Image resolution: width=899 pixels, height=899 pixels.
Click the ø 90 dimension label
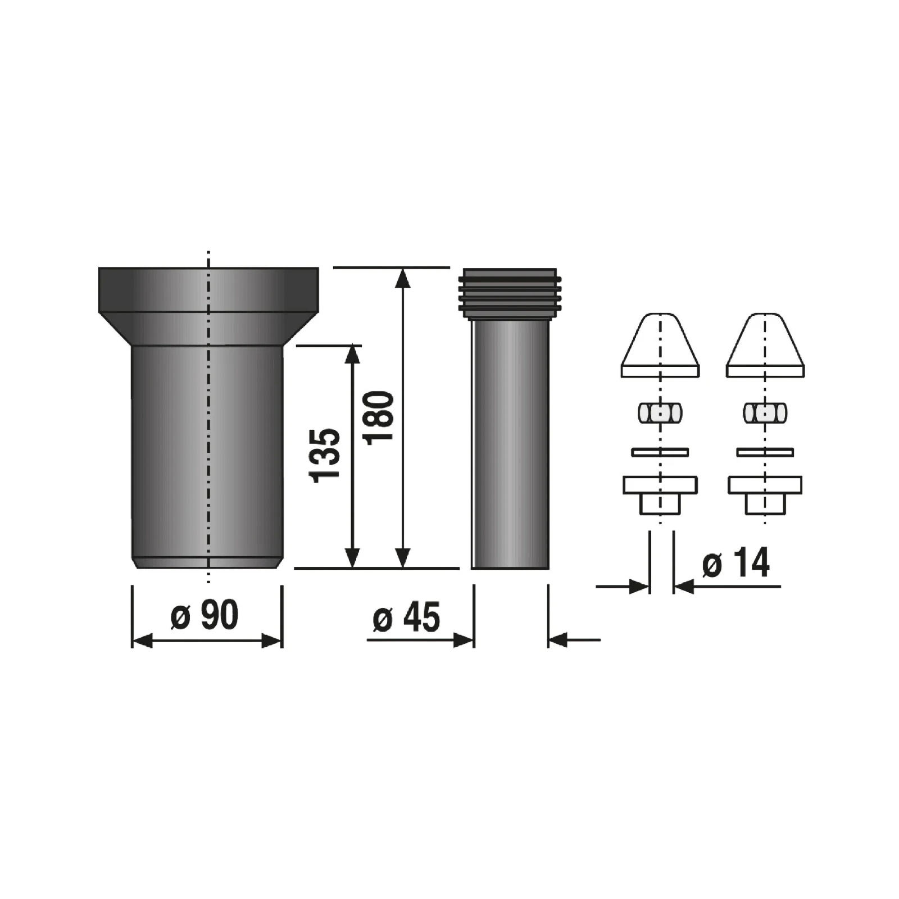(x=205, y=615)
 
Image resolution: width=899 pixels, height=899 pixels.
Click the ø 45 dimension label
(x=406, y=618)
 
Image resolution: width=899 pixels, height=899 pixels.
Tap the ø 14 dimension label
(x=735, y=562)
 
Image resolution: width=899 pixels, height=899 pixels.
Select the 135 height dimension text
(x=325, y=455)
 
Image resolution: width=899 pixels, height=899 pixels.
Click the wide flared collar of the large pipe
(x=208, y=306)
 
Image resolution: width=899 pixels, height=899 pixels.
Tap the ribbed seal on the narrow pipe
(x=510, y=294)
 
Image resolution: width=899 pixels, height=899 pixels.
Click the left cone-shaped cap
(x=660, y=345)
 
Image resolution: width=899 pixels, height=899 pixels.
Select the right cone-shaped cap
(x=765, y=345)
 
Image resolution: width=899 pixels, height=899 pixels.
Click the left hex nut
(x=660, y=413)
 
